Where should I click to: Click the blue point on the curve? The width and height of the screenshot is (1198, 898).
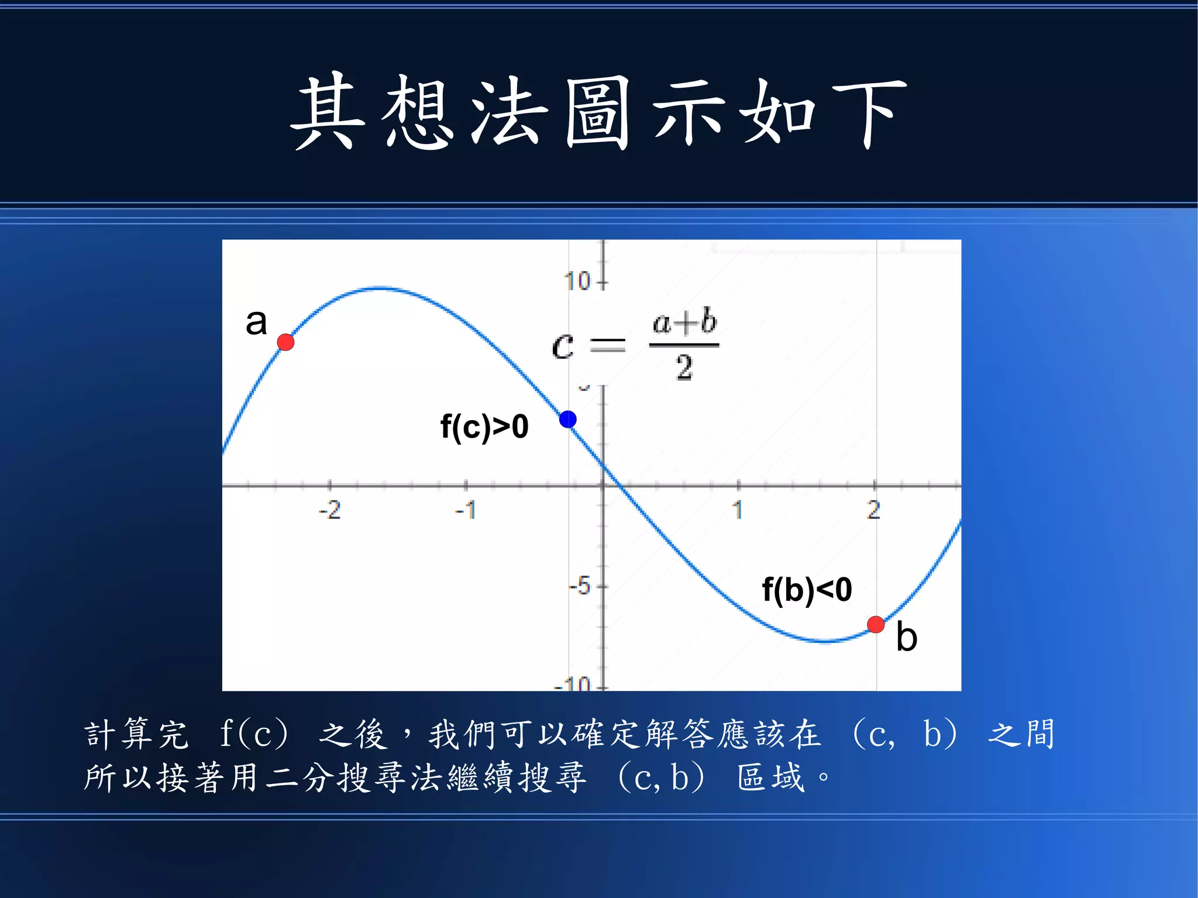pyautogui.click(x=567, y=419)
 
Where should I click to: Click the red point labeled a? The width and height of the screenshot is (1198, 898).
pyautogui.click(x=285, y=342)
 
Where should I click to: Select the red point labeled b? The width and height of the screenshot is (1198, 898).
pyautogui.click(x=875, y=624)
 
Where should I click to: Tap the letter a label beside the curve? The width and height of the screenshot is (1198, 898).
pyautogui.click(x=256, y=322)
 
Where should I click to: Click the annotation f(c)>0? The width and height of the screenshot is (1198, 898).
pyautogui.click(x=484, y=426)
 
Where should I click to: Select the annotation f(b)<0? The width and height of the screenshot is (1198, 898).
pyautogui.click(x=807, y=589)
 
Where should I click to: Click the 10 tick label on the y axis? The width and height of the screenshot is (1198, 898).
pyautogui.click(x=577, y=281)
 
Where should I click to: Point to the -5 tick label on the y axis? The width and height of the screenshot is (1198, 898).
pyautogui.click(x=580, y=586)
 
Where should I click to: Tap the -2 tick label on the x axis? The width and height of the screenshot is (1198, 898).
pyautogui.click(x=329, y=510)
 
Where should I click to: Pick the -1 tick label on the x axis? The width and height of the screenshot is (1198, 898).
pyautogui.click(x=466, y=510)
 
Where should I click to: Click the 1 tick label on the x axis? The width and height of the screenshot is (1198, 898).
pyautogui.click(x=738, y=510)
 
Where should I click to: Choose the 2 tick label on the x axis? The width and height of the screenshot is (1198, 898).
pyautogui.click(x=873, y=510)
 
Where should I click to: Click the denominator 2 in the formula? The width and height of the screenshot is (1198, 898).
pyautogui.click(x=684, y=369)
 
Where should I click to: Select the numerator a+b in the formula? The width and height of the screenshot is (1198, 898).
pyautogui.click(x=684, y=322)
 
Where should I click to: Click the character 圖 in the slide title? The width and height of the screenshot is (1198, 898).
pyautogui.click(x=597, y=112)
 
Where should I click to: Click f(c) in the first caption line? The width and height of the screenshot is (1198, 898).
pyautogui.click(x=254, y=734)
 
